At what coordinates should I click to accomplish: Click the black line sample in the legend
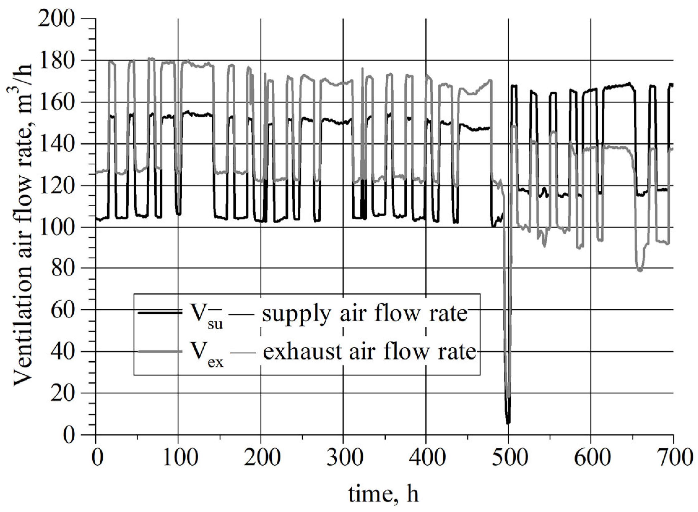pos(160,313)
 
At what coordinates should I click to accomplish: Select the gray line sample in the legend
pos(160,351)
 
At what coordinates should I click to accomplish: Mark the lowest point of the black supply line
pos(508,423)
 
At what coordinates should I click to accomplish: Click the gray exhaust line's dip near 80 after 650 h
pos(639,270)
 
